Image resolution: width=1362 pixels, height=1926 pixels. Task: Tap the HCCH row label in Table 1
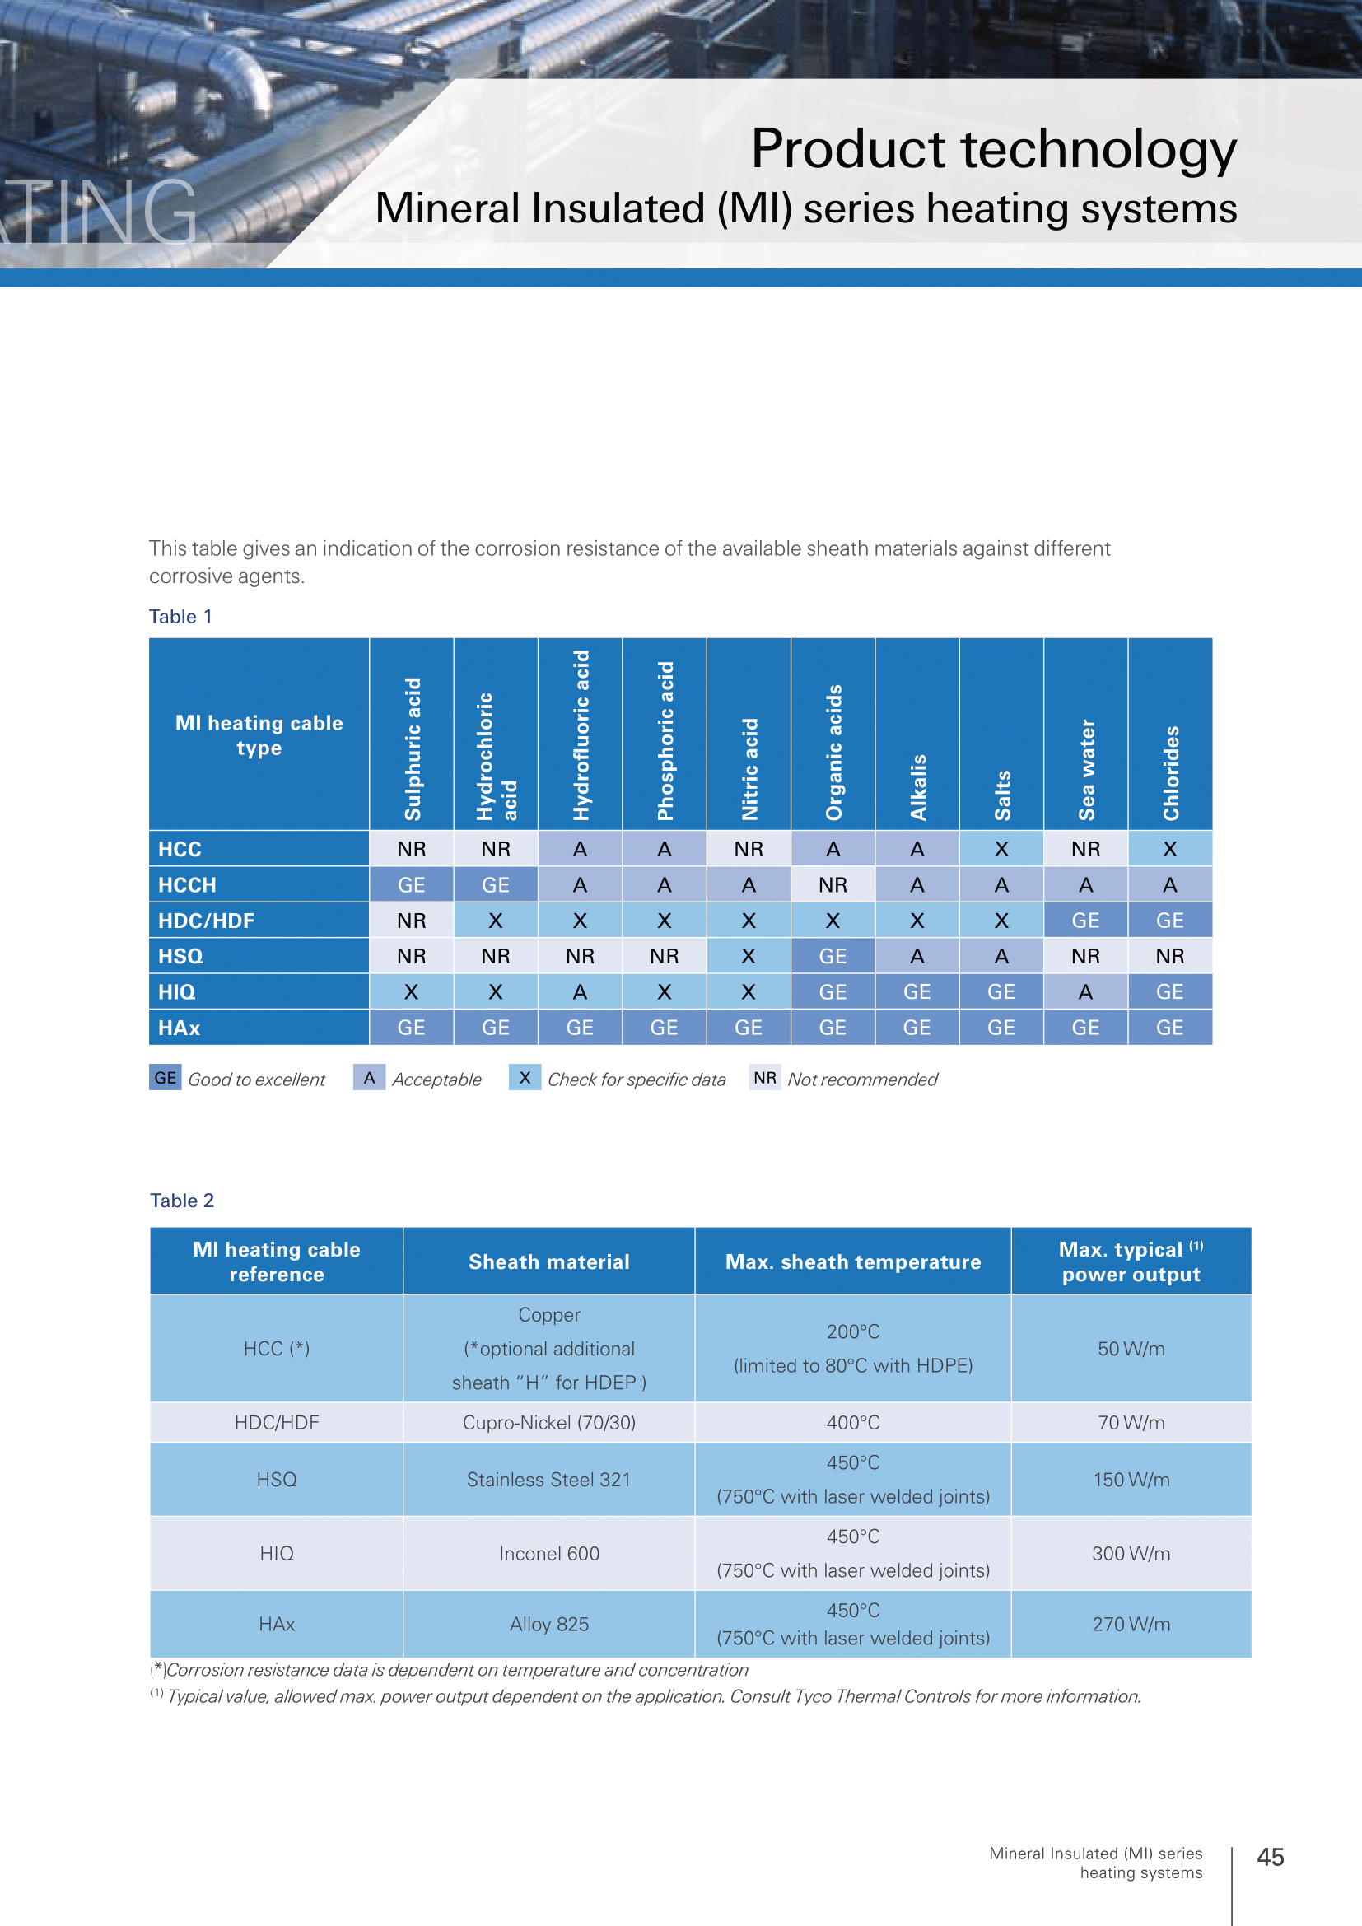click(187, 885)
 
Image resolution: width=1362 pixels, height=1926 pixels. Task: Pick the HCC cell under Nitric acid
click(748, 849)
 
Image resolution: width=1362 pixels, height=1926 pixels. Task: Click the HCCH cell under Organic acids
click(833, 885)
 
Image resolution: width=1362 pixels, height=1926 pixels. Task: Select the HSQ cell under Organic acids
click(833, 956)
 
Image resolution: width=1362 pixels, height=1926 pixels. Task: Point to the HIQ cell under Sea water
click(1086, 991)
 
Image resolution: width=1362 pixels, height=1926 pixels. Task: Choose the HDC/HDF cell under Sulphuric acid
click(412, 921)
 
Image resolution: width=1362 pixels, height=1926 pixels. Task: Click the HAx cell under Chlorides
click(1170, 1028)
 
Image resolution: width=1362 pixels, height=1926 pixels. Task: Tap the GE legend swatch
click(166, 1078)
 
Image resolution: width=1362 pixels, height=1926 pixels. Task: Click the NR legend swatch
click(765, 1078)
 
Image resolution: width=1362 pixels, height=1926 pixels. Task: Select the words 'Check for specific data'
click(637, 1080)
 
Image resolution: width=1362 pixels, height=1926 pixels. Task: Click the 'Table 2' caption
click(182, 1201)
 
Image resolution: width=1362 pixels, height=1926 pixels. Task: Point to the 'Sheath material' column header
click(549, 1261)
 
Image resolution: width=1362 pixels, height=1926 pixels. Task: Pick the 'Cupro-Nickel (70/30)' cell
click(549, 1423)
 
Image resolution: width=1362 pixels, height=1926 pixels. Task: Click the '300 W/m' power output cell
click(1131, 1554)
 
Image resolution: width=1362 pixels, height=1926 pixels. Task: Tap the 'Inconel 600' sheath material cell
click(549, 1554)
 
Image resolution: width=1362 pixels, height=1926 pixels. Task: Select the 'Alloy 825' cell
click(549, 1624)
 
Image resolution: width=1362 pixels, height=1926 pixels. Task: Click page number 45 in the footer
click(1271, 1857)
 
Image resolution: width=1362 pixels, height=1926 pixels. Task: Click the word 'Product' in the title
click(850, 149)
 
